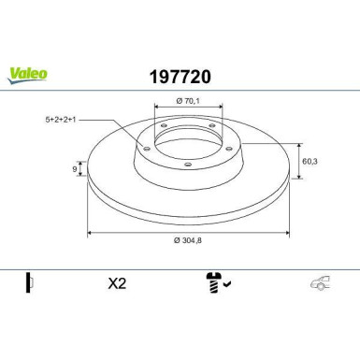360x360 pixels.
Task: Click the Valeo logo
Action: [x=27, y=76]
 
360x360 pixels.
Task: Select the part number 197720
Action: [x=180, y=77]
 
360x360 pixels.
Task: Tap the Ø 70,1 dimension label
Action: [x=188, y=101]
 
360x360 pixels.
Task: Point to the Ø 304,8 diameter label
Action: [x=188, y=240]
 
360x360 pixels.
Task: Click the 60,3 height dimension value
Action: [x=310, y=162]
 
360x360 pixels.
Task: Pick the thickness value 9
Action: [x=75, y=169]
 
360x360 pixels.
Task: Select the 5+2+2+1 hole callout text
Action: [x=61, y=120]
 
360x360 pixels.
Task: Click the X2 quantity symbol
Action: [x=117, y=283]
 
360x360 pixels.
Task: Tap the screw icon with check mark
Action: [x=218, y=282]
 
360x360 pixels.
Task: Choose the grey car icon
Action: [x=321, y=283]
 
